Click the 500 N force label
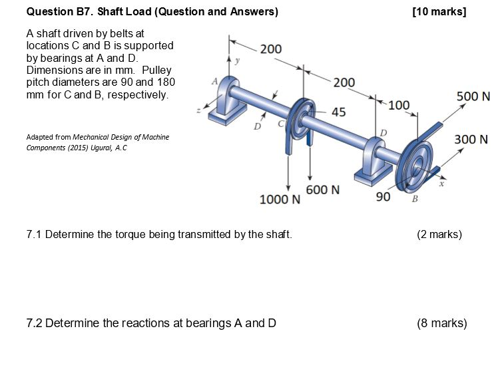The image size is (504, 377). [473, 96]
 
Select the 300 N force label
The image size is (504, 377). [471, 140]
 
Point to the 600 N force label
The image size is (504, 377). [323, 189]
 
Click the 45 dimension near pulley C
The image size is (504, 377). [338, 112]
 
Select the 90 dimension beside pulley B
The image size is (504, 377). [383, 197]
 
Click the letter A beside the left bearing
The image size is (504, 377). [214, 81]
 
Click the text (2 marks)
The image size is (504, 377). [439, 234]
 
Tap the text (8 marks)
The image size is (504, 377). [441, 323]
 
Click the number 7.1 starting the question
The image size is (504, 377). [34, 234]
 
